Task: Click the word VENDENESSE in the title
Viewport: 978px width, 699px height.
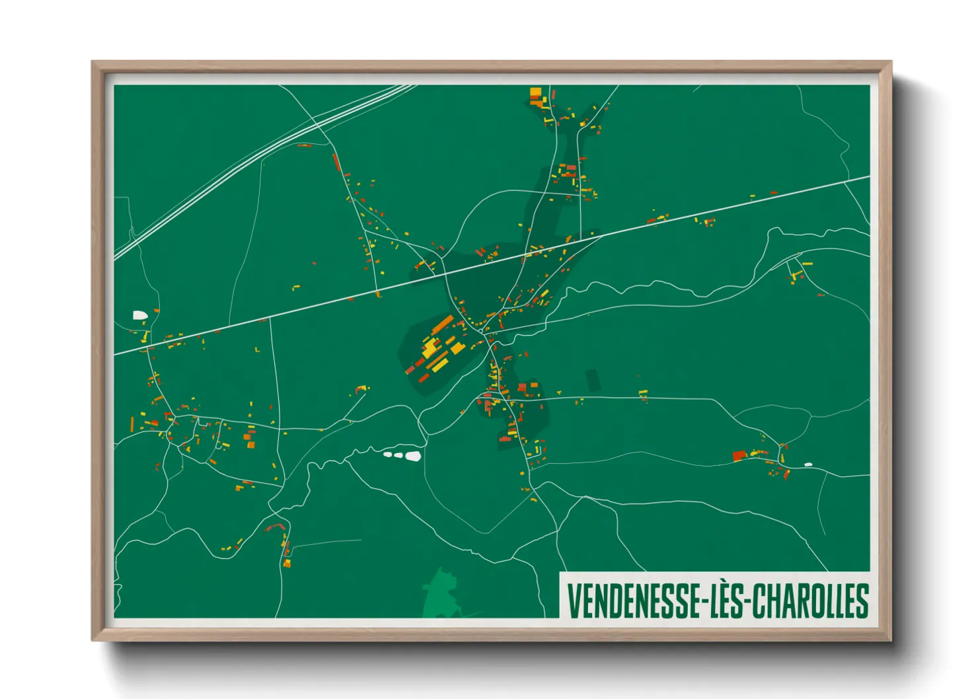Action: coord(631,601)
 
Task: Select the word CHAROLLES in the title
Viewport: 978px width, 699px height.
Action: coord(810,601)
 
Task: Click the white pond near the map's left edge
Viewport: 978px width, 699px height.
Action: coord(140,316)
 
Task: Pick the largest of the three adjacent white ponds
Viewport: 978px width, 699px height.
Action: coord(413,456)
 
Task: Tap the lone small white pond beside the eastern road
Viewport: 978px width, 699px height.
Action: coord(808,464)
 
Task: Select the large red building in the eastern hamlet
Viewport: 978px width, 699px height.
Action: coord(739,456)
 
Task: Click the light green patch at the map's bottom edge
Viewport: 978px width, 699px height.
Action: coord(440,595)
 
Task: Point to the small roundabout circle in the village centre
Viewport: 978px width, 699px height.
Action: coord(490,340)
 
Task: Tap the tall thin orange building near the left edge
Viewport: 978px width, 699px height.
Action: coord(132,424)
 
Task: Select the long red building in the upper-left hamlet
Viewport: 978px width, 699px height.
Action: coord(336,163)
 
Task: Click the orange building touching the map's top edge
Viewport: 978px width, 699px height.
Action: coord(535,92)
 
